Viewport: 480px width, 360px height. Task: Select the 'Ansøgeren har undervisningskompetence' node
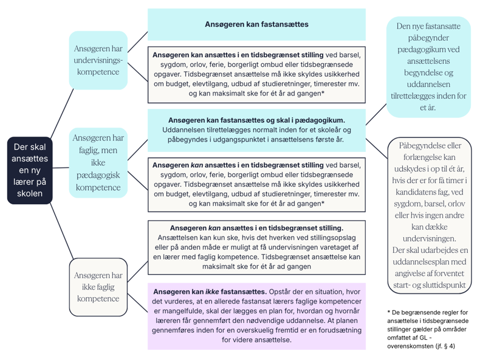pos(98,60)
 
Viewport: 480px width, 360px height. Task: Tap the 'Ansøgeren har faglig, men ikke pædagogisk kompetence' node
pos(98,162)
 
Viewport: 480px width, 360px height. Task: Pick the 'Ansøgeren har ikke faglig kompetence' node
pos(98,287)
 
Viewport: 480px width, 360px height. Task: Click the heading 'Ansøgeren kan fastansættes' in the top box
pos(256,25)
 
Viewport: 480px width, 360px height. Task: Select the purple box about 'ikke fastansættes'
pos(256,316)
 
